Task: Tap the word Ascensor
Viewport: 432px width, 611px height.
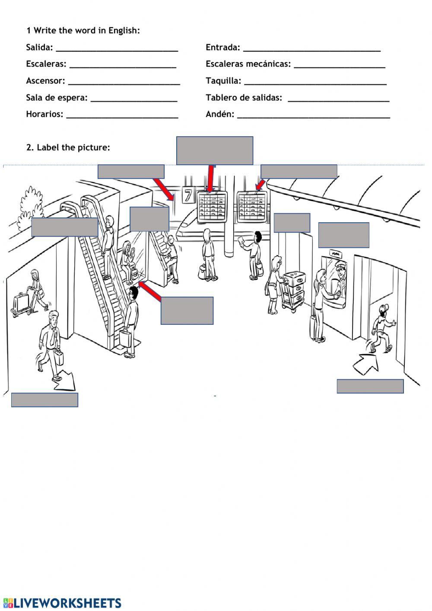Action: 45,81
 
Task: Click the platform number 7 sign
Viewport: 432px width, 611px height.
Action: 188,196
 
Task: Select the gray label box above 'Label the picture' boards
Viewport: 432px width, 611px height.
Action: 214,150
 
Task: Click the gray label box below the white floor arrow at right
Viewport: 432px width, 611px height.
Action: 370,386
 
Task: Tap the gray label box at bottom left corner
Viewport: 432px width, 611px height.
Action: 44,400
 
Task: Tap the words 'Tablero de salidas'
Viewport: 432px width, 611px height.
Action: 244,98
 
